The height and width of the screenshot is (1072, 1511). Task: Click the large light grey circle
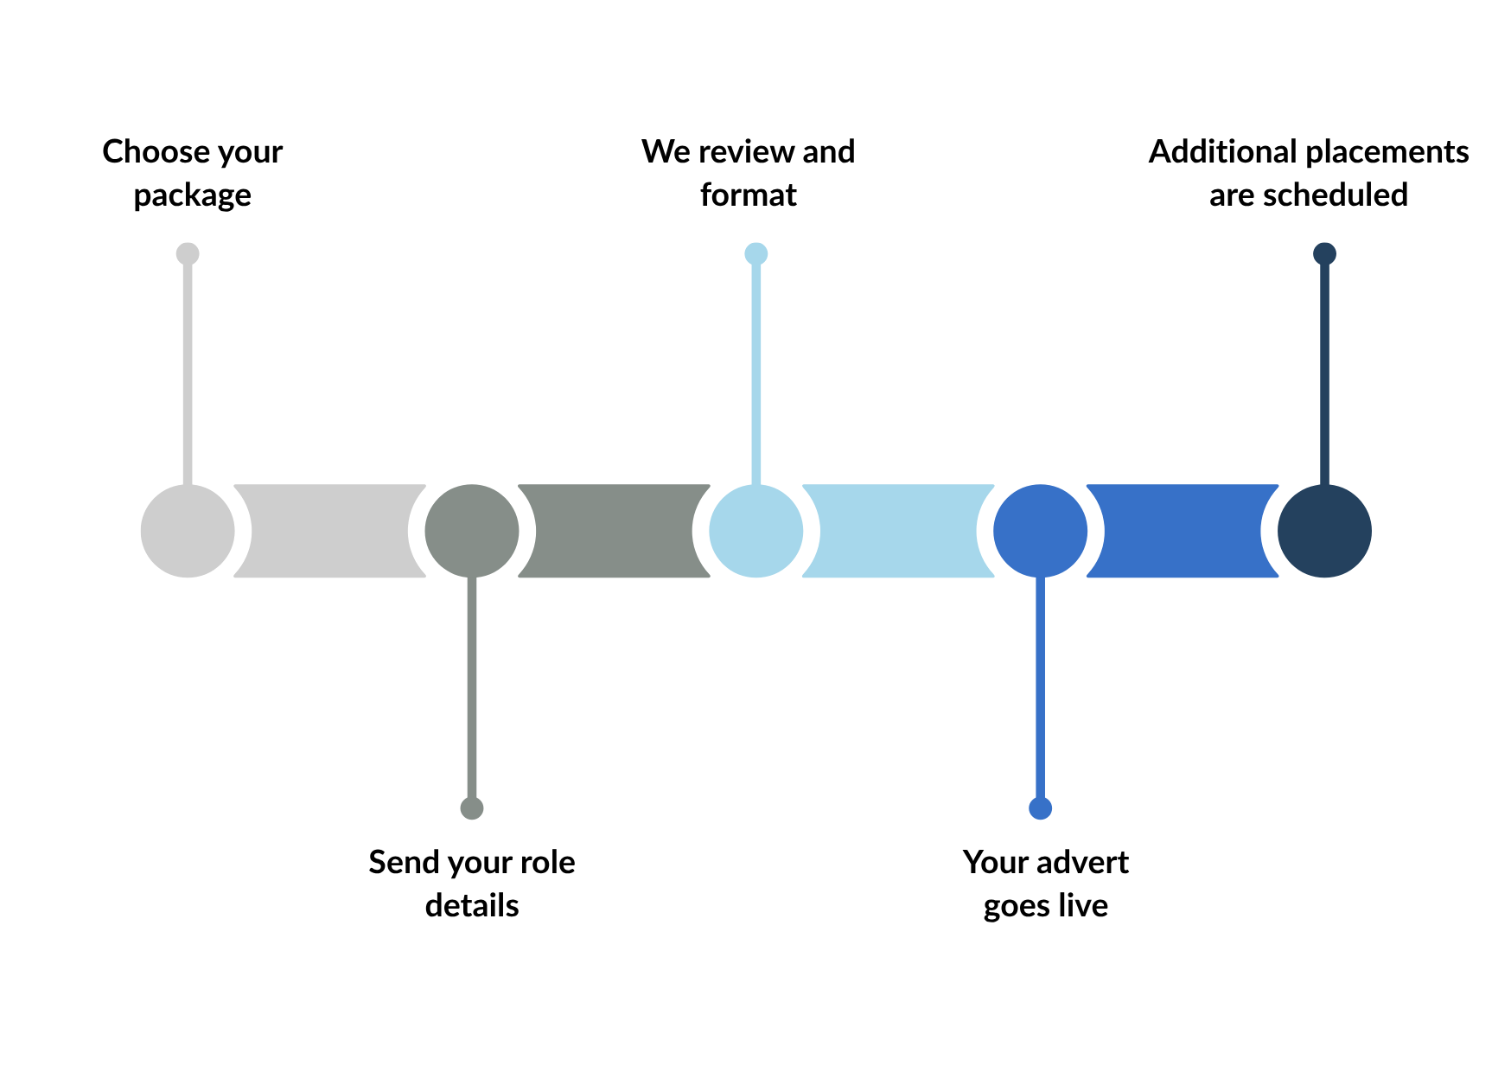click(188, 531)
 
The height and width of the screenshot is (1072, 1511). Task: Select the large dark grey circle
click(472, 531)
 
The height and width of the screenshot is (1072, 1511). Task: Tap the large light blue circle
click(756, 531)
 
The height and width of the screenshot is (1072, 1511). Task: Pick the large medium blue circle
click(1041, 531)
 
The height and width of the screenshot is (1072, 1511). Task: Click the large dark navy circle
click(1324, 531)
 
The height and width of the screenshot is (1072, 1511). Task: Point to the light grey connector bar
click(329, 531)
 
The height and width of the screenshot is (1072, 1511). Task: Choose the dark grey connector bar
click(614, 531)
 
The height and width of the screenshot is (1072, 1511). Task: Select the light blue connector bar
click(898, 531)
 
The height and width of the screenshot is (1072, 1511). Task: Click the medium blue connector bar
click(1183, 531)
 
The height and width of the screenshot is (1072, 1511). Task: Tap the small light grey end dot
click(188, 253)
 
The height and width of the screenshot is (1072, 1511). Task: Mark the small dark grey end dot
click(472, 808)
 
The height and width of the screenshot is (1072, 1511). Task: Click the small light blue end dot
click(756, 253)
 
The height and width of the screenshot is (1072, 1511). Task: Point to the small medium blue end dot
click(1041, 808)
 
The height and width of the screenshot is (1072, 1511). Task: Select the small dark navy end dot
click(1324, 253)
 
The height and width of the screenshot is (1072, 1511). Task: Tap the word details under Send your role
click(472, 905)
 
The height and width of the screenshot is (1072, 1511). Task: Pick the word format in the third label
click(749, 195)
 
